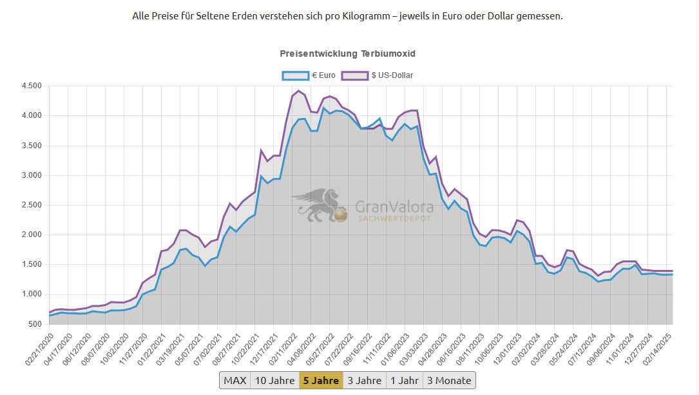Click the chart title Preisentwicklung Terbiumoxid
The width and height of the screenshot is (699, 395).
(348, 53)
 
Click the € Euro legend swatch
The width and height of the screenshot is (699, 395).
(296, 76)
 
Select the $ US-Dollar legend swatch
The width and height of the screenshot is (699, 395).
(355, 76)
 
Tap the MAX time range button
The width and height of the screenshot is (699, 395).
(235, 380)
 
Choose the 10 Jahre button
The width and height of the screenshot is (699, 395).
(274, 380)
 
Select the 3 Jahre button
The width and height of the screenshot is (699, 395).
(364, 380)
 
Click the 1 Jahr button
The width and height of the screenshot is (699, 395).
(405, 380)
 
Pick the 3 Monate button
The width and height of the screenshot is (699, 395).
(449, 380)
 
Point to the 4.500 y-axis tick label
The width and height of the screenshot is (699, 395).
(32, 86)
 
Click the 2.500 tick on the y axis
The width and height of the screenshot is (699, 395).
(32, 205)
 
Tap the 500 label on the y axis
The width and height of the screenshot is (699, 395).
(35, 324)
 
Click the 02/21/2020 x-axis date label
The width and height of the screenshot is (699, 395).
(39, 349)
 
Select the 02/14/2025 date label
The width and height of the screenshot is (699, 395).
(656, 349)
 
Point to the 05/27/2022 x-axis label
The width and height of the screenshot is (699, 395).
(320, 349)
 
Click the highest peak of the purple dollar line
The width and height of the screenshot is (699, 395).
(299, 91)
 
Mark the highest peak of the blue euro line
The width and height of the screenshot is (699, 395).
(323, 108)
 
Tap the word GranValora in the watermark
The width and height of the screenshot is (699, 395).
(394, 207)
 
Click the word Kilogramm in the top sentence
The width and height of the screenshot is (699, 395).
(365, 17)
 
